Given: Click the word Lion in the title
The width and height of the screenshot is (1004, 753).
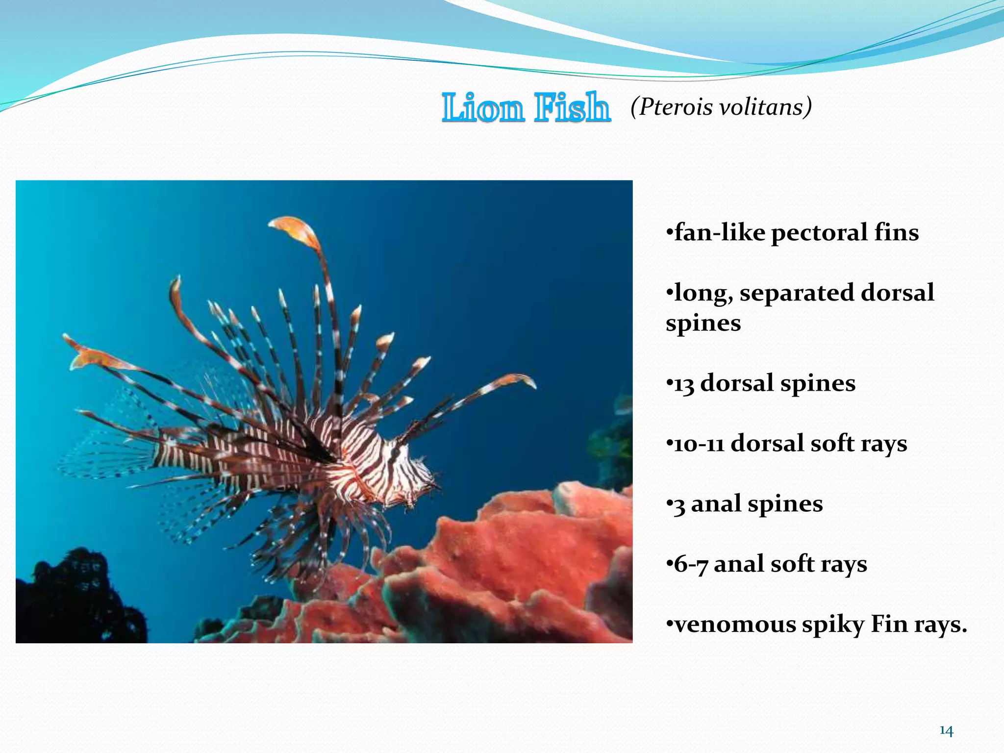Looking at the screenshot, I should click(482, 107).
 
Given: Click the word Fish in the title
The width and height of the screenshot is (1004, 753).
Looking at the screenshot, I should click(572, 107).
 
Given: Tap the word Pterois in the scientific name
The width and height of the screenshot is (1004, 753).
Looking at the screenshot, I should click(675, 107).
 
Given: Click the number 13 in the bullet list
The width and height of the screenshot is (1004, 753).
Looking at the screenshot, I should click(684, 384).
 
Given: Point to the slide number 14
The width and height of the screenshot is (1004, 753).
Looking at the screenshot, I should click(946, 731).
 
